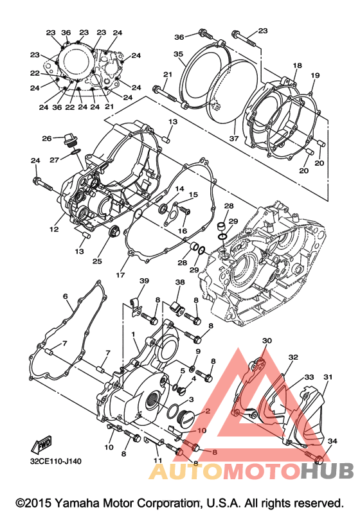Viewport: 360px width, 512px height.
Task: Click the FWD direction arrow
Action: [41, 445]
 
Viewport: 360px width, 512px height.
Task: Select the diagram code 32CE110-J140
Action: [56, 461]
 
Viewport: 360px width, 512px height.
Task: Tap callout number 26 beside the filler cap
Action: [47, 139]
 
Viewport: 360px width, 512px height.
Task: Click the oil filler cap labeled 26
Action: [69, 140]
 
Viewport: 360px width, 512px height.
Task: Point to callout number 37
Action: [234, 138]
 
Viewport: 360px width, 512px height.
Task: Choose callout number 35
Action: [178, 54]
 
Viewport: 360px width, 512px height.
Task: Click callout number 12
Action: [54, 229]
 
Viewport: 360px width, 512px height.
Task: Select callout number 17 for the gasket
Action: [120, 275]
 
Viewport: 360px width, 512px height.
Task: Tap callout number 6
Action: [66, 296]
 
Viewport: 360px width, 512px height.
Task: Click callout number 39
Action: [144, 281]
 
